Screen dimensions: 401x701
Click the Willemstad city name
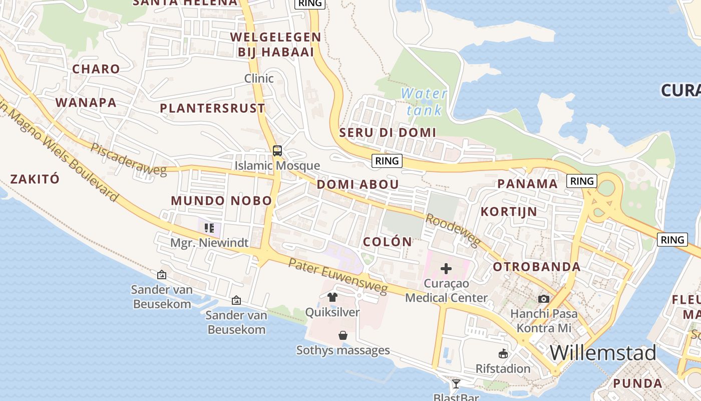(x=603, y=353)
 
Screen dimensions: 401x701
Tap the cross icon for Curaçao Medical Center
(x=446, y=269)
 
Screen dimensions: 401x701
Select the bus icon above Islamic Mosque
(x=277, y=150)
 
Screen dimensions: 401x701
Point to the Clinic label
(x=259, y=78)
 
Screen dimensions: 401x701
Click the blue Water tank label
(x=424, y=101)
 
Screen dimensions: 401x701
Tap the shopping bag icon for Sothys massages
(x=343, y=335)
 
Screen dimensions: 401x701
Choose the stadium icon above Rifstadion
(x=503, y=354)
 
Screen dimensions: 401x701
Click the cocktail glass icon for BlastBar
(x=456, y=384)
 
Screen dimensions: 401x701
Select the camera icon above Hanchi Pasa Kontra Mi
(x=544, y=299)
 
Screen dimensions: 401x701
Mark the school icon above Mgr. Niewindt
(x=209, y=229)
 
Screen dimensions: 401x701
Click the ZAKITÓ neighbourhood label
(x=35, y=179)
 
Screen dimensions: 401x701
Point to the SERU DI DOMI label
(x=388, y=133)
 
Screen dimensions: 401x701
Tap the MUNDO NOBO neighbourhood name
(x=221, y=201)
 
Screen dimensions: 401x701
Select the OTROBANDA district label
(x=537, y=267)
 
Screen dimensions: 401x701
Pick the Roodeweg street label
(x=453, y=230)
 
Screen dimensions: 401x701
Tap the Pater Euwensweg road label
(x=338, y=276)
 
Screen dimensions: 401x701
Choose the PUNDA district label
(x=637, y=384)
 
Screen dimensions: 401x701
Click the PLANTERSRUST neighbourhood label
(x=212, y=108)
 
